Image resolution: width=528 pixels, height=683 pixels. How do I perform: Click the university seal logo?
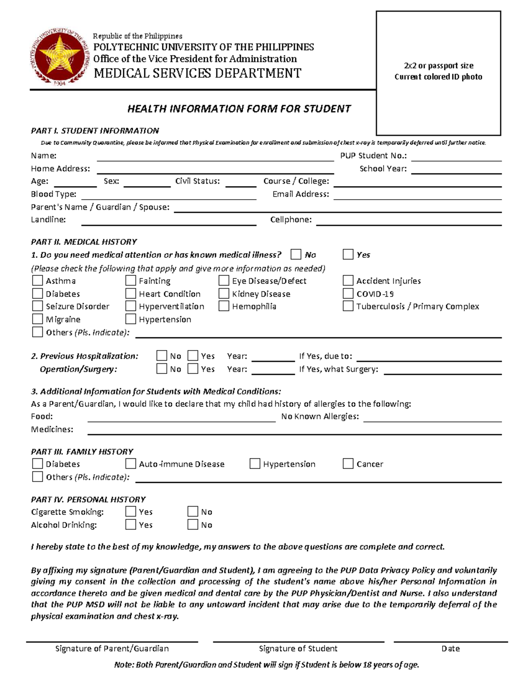59,57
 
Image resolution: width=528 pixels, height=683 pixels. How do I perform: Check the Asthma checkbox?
37,281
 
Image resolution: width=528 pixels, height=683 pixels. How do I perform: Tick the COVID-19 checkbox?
348,293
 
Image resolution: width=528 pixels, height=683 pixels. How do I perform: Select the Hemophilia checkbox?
224,306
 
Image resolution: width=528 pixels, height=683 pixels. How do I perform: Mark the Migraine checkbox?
37,319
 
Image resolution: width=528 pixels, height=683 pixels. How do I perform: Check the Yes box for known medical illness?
348,255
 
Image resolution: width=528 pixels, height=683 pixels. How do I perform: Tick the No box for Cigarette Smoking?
193,511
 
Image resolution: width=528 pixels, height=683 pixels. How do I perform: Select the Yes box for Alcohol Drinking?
131,524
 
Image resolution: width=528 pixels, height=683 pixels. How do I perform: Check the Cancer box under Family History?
348,464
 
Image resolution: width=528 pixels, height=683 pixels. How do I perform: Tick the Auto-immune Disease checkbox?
131,464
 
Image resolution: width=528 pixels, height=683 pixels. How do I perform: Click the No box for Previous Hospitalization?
162,356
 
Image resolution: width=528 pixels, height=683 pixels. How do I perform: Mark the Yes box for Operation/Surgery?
193,369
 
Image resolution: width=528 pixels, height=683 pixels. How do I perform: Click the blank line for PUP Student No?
456,157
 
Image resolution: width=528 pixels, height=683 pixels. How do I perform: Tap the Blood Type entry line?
169,195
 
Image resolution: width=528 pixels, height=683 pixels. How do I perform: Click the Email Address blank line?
417,195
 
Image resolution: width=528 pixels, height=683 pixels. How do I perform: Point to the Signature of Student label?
298,648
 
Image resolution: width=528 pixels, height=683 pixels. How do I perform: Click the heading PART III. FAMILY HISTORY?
82,451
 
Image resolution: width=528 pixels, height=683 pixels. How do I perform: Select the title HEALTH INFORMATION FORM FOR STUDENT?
239,109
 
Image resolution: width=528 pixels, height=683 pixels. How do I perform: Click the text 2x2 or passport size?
438,66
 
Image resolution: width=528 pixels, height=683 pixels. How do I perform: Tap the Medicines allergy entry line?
294,431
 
